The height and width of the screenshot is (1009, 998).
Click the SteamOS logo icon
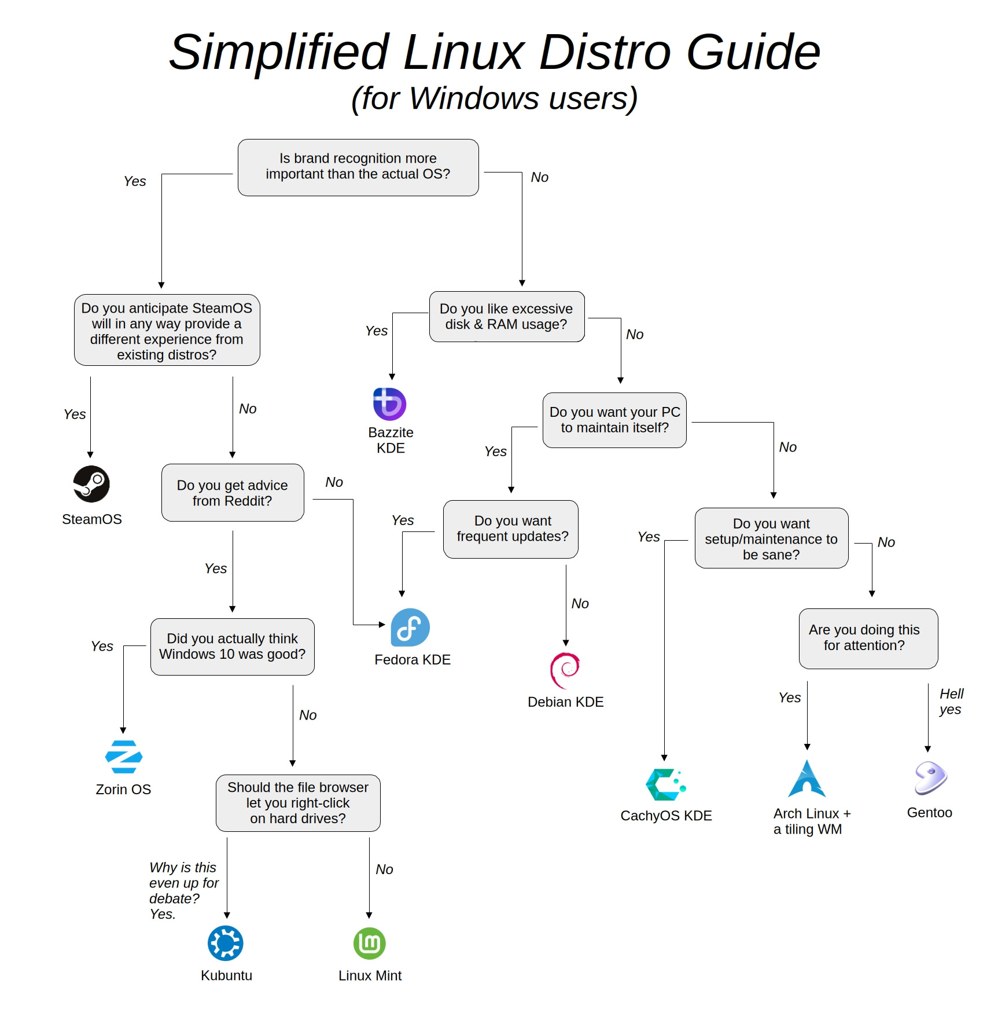[x=91, y=484]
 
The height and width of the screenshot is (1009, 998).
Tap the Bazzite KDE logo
[x=389, y=404]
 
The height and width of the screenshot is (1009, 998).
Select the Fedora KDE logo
[x=410, y=627]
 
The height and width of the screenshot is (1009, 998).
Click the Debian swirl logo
[x=565, y=670]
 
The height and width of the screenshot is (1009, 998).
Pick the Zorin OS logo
[x=124, y=757]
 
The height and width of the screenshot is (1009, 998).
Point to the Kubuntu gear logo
[x=226, y=943]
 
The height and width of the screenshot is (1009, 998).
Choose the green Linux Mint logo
[x=370, y=943]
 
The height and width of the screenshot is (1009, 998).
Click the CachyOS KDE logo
[x=665, y=784]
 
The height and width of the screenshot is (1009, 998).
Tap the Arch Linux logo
[x=807, y=780]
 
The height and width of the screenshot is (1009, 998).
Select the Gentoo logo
[x=930, y=777]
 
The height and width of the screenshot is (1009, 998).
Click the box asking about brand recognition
[x=358, y=167]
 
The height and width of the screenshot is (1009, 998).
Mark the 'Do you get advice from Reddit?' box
[x=233, y=493]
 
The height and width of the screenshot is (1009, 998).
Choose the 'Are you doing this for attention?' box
[x=868, y=639]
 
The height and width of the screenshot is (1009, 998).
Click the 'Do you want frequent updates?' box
[x=511, y=529]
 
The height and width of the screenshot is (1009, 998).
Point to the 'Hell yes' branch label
[x=951, y=702]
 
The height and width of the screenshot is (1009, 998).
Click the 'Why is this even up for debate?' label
[x=183, y=890]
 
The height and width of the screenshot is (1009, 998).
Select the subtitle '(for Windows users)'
[x=495, y=98]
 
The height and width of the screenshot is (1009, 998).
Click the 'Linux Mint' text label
[x=370, y=975]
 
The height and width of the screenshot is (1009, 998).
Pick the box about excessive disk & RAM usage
[x=507, y=317]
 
